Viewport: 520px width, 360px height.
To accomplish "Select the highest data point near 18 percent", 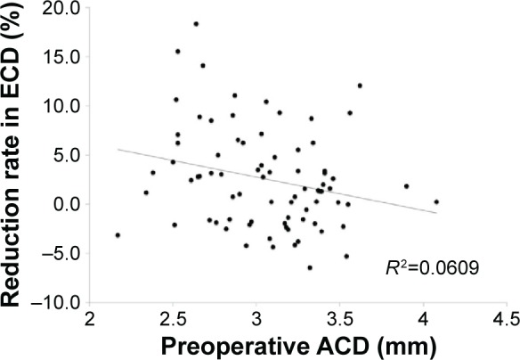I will (196, 24).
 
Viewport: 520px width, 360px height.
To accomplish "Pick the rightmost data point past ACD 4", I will (436, 201).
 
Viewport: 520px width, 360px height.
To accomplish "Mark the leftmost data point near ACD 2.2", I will (118, 235).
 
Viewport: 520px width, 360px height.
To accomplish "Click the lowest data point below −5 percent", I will (310, 267).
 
